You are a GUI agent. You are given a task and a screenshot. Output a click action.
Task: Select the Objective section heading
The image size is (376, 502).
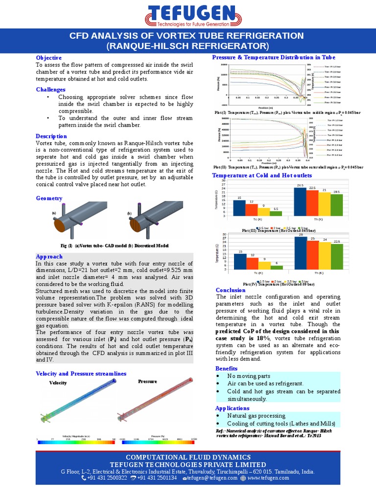[48, 58]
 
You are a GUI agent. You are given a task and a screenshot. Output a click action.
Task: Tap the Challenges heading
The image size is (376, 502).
[50, 90]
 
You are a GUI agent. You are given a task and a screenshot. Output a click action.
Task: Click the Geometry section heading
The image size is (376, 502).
[49, 198]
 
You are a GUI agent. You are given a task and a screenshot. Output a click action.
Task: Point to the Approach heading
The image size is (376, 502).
[49, 256]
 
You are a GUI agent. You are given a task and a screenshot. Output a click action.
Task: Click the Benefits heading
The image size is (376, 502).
[226, 369]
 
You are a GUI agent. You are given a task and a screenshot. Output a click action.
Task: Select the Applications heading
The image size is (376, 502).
[232, 408]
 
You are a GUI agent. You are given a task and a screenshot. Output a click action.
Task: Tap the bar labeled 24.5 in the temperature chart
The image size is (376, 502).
[300, 201]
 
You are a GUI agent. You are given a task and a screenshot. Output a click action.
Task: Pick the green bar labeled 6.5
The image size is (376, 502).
[277, 213]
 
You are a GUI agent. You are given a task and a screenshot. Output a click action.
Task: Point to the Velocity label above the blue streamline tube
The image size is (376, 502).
[58, 382]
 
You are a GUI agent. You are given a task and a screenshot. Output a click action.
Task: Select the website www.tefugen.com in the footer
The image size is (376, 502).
[268, 478]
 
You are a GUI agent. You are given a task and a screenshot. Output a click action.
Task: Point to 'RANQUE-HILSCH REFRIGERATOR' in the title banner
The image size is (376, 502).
[188, 46]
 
